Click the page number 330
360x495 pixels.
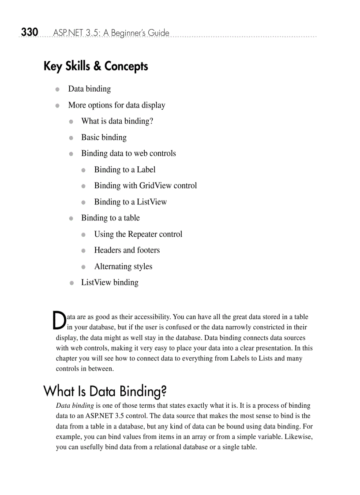coord(30,32)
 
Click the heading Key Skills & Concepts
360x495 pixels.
coord(96,67)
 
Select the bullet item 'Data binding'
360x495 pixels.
coord(89,89)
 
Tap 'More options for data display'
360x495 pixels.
coord(116,105)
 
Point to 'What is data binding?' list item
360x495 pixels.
coord(117,121)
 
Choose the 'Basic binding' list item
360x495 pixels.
coord(104,138)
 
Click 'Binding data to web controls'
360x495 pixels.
coord(128,153)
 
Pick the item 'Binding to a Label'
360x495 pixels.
coord(125,170)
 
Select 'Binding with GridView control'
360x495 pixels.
coord(146,186)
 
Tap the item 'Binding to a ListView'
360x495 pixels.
coord(131,202)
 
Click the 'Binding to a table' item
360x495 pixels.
coord(110,218)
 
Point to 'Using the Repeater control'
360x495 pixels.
coord(138,234)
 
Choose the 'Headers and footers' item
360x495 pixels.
coord(127,250)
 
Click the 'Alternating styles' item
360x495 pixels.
coord(123,267)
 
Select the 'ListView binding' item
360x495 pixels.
coord(110,283)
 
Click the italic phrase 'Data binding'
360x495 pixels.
coord(75,406)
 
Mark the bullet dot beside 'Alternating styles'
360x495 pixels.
coord(83,267)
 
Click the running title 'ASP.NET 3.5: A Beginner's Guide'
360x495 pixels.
coord(111,33)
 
